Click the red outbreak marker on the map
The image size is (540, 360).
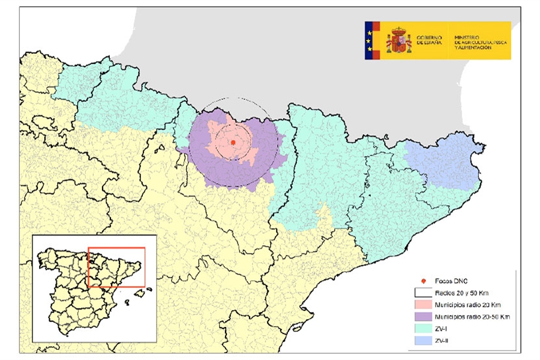(233, 142)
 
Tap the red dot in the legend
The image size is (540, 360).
(424, 281)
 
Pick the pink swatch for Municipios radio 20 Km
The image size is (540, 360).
(424, 305)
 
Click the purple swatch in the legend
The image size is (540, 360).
(424, 316)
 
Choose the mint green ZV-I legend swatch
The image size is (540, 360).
(424, 328)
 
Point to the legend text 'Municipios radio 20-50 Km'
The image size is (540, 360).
(472, 316)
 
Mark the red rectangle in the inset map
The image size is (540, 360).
(116, 267)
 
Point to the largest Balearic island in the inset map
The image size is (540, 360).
(141, 293)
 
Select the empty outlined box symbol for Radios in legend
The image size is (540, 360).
(424, 293)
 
